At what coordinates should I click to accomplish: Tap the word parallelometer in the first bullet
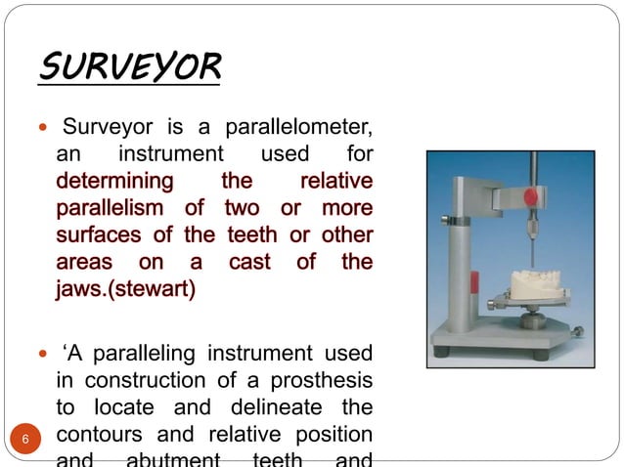(301, 128)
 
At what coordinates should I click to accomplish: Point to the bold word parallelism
(113, 208)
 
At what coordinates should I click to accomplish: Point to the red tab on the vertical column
(473, 283)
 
